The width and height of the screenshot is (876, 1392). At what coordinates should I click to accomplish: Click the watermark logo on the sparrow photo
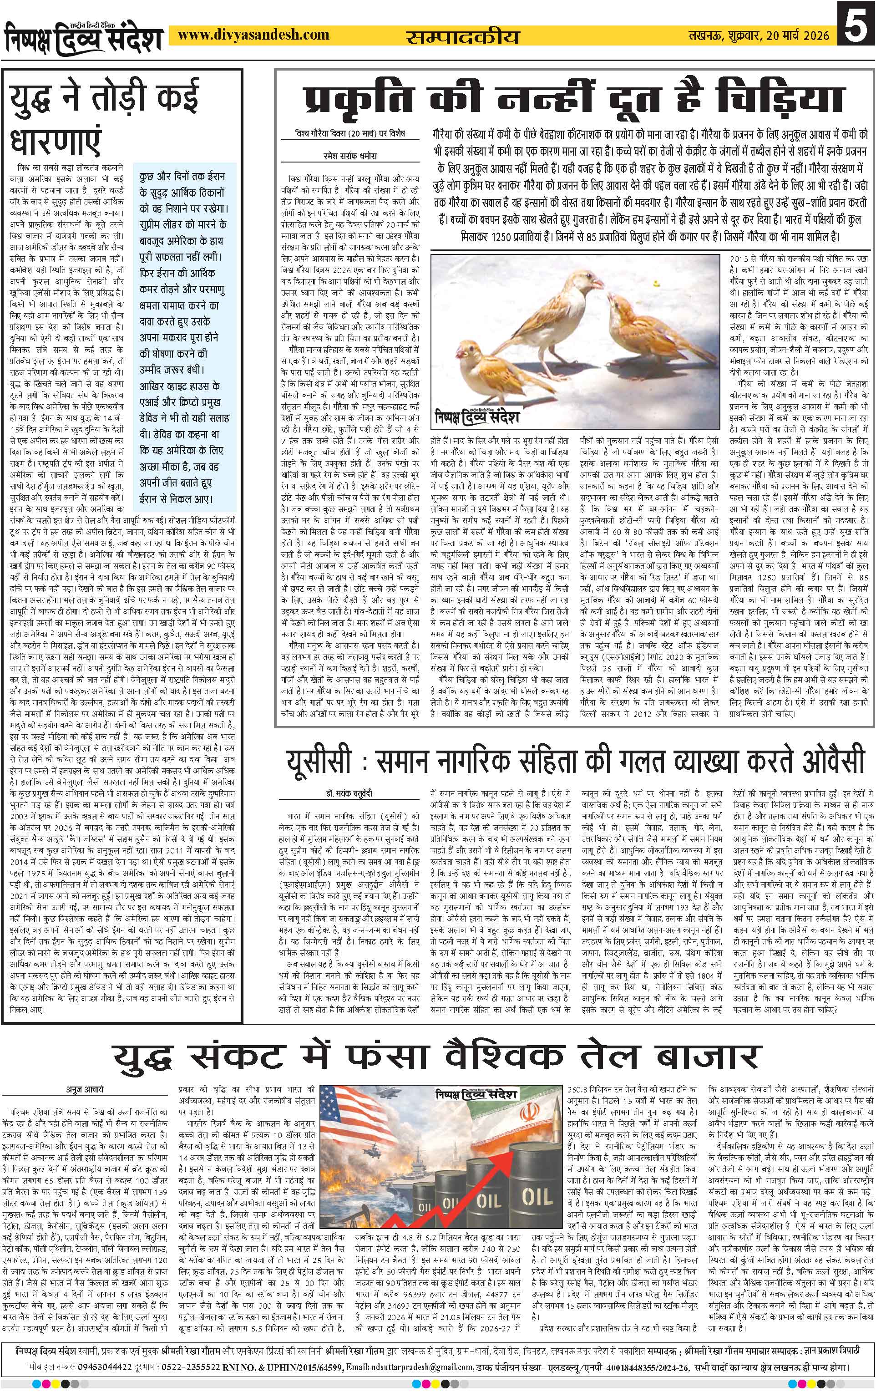[x=476, y=417]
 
